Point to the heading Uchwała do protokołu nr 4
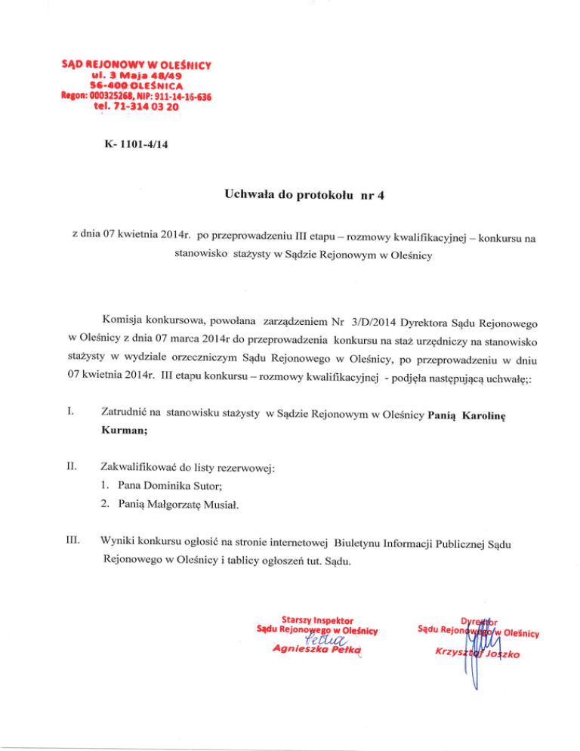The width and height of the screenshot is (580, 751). [x=289, y=196]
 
